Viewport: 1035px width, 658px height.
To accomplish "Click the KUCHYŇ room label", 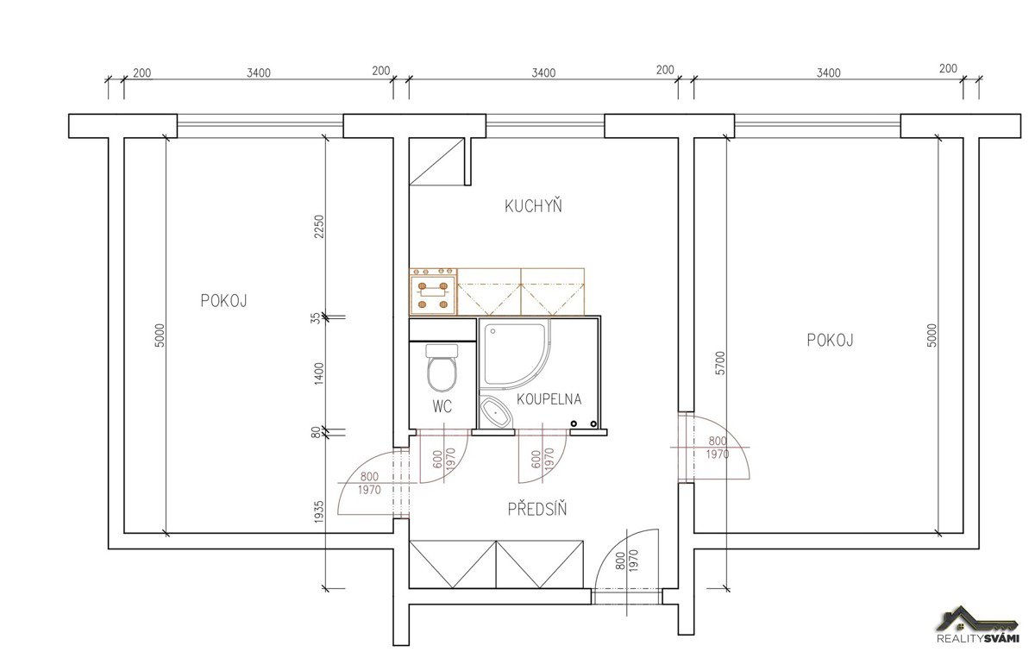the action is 533,206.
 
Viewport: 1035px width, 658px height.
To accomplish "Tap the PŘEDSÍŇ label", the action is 536,509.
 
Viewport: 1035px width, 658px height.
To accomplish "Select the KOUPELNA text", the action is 549,399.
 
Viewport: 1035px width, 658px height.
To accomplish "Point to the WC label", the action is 442,407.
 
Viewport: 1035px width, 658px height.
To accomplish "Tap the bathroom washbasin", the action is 495,412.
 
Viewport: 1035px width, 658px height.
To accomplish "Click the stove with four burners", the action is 433,292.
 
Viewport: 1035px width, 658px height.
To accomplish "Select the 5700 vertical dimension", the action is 720,363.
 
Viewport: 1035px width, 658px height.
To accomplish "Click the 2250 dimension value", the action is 319,227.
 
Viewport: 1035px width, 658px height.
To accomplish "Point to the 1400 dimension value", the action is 319,373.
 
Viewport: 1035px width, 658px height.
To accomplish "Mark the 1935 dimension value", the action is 319,512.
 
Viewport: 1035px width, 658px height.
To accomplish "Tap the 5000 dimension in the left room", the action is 159,335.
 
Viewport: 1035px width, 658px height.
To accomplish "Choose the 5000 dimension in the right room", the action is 932,335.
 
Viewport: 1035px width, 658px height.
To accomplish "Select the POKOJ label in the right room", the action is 830,341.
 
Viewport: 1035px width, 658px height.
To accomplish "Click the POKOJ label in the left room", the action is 223,301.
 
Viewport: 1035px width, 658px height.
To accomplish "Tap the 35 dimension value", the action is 315,318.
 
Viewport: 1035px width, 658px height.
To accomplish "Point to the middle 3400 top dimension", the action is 543,73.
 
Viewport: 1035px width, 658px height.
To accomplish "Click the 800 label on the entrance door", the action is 620,561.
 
